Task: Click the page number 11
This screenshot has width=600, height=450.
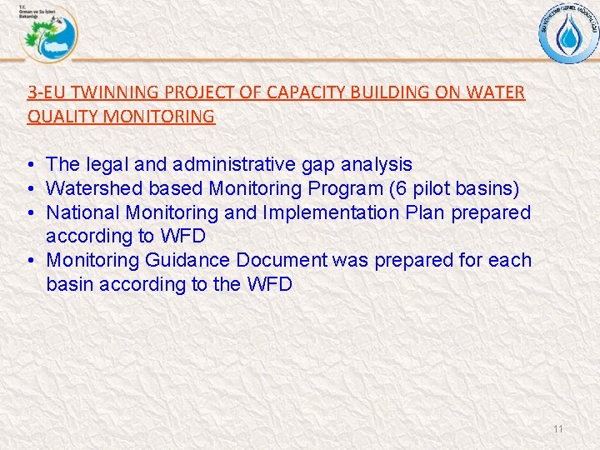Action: [557, 429]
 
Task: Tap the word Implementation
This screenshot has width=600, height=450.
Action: [331, 212]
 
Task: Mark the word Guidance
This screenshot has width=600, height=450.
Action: [188, 260]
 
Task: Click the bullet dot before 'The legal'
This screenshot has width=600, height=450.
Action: [29, 166]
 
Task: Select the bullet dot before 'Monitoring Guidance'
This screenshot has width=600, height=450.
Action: [29, 261]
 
